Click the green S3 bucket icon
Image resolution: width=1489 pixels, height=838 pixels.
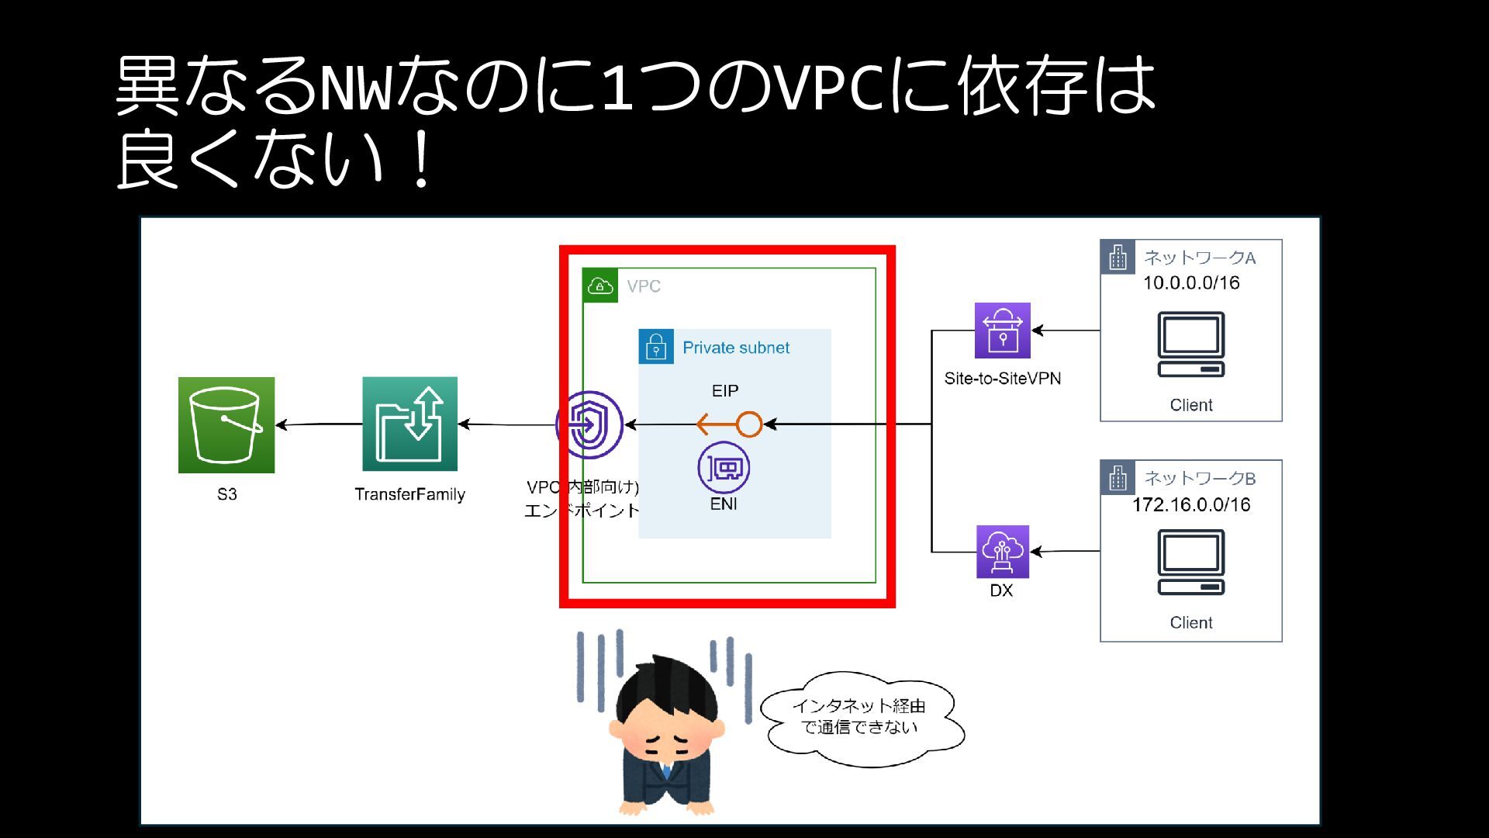click(226, 425)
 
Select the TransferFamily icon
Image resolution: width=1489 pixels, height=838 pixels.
click(409, 424)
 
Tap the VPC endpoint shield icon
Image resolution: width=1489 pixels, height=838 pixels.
click(589, 424)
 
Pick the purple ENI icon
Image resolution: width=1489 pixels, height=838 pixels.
click(724, 468)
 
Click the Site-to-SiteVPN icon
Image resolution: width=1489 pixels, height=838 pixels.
click(1003, 331)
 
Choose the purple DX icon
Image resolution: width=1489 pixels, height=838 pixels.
click(1003, 552)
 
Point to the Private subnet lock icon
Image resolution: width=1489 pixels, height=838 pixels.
click(656, 347)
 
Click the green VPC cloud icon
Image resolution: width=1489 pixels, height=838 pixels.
click(600, 286)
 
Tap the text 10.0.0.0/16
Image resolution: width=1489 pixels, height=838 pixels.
click(1191, 283)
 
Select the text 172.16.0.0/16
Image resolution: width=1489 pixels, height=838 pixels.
click(1191, 505)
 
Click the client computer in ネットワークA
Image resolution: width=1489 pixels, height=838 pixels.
click(1191, 345)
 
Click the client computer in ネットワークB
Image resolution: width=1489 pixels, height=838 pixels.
click(1191, 563)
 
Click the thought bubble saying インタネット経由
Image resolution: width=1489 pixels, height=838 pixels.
click(861, 718)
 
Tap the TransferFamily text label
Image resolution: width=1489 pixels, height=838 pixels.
click(409, 494)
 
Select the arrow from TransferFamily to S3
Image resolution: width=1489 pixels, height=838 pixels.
click(319, 424)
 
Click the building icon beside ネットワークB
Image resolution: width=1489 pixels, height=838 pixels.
click(1118, 478)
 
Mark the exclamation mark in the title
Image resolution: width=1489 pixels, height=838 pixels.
click(422, 160)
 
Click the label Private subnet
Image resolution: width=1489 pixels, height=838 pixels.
click(736, 348)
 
